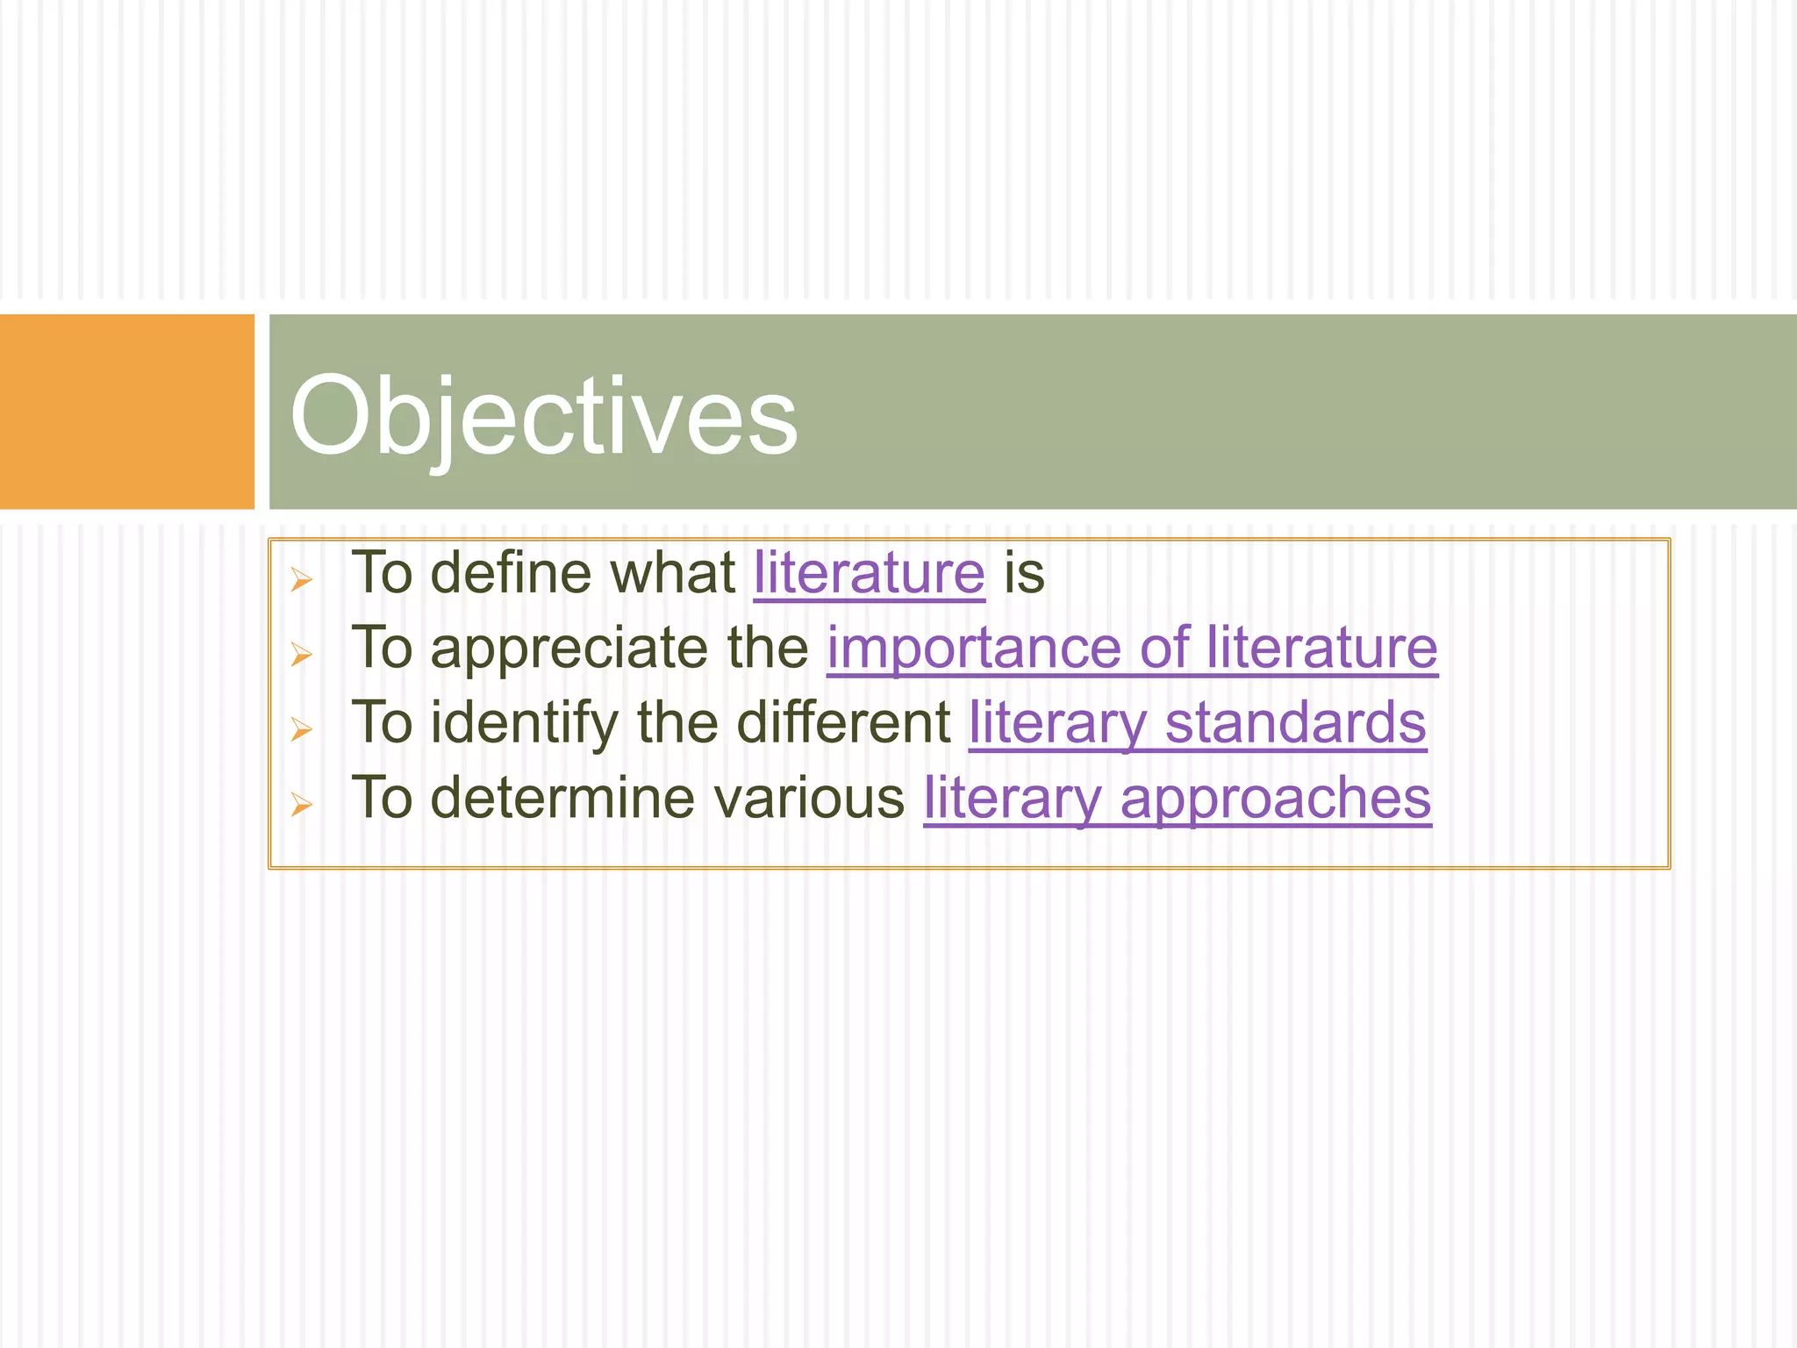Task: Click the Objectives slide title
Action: click(544, 415)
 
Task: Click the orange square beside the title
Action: click(126, 411)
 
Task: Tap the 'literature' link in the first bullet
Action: click(869, 573)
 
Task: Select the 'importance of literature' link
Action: click(1132, 649)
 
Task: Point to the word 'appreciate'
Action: click(569, 649)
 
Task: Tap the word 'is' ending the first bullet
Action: click(1024, 573)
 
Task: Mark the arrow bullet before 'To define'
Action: click(301, 579)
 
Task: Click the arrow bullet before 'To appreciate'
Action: click(301, 655)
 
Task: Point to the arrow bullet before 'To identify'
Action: click(301, 729)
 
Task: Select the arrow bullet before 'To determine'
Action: click(301, 805)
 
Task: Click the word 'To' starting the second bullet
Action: click(382, 649)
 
